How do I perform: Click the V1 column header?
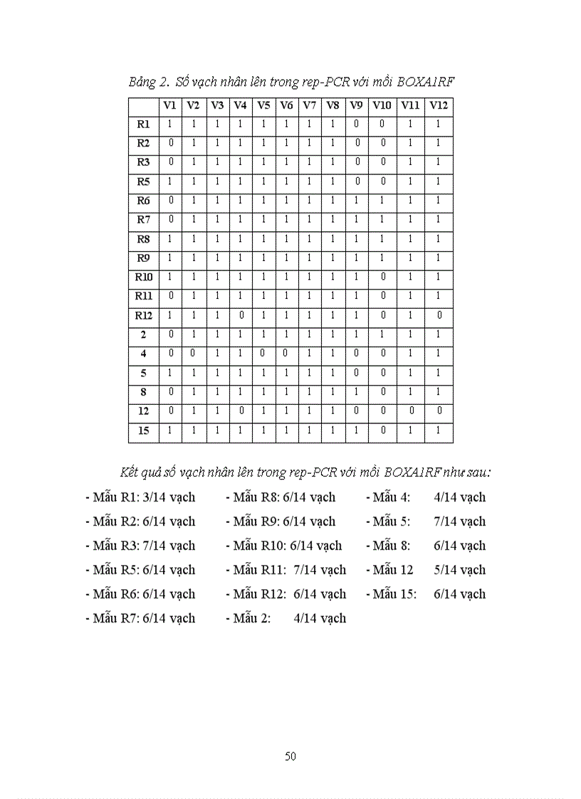click(169, 105)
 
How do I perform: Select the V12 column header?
click(439, 105)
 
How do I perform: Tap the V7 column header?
click(309, 105)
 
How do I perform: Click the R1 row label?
click(143, 125)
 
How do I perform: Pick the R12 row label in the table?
click(143, 315)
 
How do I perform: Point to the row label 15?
click(143, 430)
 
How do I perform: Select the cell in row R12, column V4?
click(240, 315)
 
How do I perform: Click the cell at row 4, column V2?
click(193, 354)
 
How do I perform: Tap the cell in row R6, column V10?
click(382, 201)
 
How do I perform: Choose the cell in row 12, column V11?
click(409, 411)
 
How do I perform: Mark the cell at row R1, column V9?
click(356, 125)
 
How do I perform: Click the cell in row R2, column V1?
click(169, 144)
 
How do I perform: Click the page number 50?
click(290, 756)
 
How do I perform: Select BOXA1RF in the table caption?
click(425, 82)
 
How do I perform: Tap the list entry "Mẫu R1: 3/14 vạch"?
click(140, 497)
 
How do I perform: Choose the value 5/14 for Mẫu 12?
click(459, 570)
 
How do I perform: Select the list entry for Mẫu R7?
click(140, 618)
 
